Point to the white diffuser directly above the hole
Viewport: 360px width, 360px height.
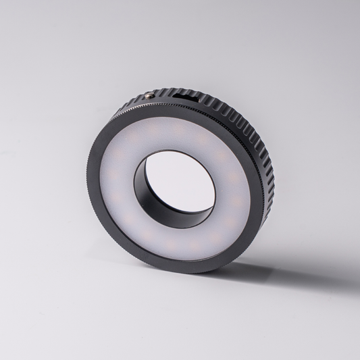pyautogui.click(x=176, y=135)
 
